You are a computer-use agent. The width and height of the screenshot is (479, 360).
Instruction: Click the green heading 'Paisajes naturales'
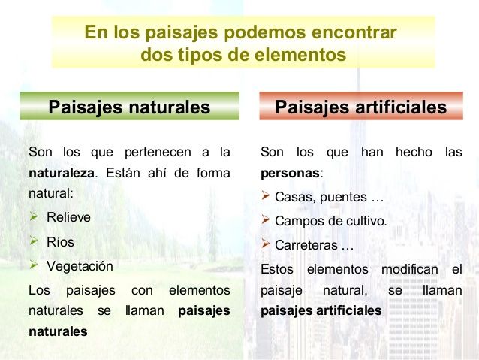click(x=129, y=107)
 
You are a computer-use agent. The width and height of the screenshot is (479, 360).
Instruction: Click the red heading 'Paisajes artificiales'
click(x=361, y=107)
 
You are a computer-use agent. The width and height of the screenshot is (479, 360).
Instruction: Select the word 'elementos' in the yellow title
click(x=300, y=55)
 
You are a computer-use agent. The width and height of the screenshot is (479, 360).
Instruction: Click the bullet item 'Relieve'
click(x=68, y=217)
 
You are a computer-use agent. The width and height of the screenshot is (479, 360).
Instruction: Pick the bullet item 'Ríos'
click(x=60, y=242)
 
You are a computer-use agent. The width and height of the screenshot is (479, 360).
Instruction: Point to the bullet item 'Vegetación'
click(x=80, y=266)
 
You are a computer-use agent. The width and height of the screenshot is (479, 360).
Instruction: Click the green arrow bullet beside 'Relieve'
click(x=34, y=216)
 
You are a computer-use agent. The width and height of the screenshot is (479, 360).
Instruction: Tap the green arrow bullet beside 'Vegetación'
click(x=34, y=265)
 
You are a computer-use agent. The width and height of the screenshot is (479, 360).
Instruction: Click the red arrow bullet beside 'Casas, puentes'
click(x=266, y=195)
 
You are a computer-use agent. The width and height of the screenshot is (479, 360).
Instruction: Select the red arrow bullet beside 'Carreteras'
click(x=266, y=244)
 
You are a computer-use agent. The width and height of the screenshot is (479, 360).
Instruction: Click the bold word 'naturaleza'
click(x=62, y=173)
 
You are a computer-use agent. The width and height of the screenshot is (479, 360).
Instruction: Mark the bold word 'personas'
click(x=290, y=174)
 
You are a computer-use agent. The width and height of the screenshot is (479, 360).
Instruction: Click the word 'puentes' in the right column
click(x=343, y=197)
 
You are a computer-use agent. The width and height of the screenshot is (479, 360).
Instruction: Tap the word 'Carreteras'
click(x=306, y=245)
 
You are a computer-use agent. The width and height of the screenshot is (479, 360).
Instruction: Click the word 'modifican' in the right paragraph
click(x=410, y=270)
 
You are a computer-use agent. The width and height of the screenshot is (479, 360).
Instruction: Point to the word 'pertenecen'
click(x=158, y=153)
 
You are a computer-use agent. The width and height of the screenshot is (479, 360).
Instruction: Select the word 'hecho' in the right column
click(x=414, y=152)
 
